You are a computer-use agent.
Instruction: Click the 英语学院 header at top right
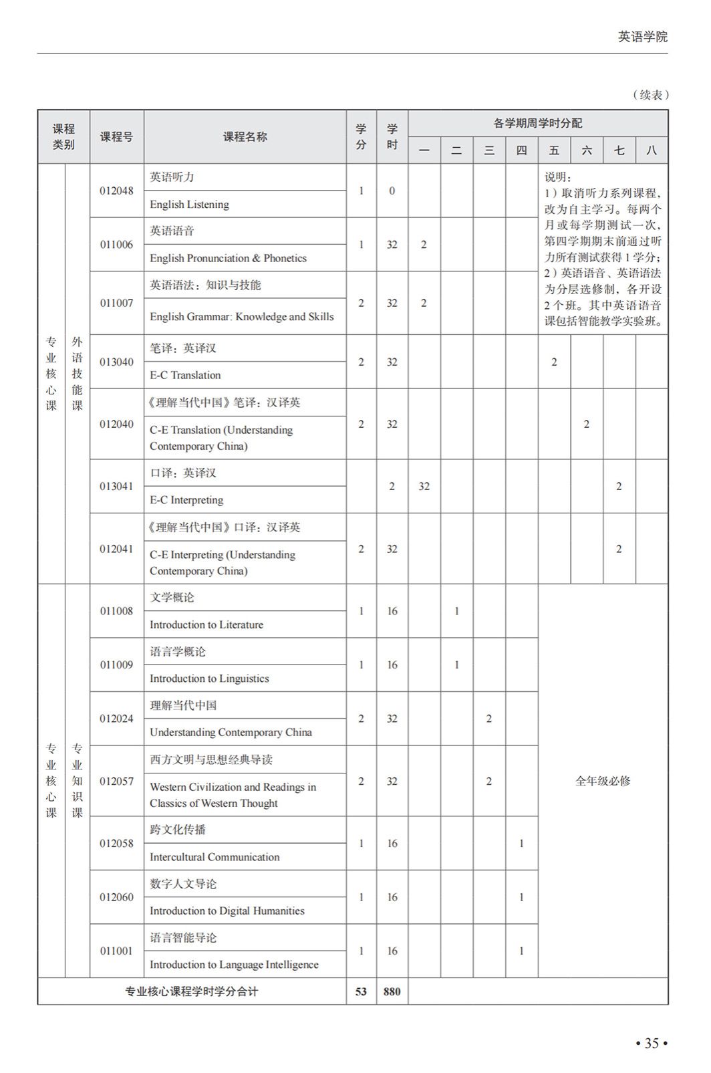pos(642,37)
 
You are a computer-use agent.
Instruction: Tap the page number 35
pos(652,1043)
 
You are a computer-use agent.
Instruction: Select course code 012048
pos(116,191)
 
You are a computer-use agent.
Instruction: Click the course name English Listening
pos(189,205)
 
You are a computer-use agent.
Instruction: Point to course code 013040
pos(116,362)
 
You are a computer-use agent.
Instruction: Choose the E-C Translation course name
pos(185,375)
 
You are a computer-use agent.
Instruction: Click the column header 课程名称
pos(245,137)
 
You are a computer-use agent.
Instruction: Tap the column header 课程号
pos(116,137)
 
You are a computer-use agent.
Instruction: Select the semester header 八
pos(652,150)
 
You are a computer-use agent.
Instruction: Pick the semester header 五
pos(554,150)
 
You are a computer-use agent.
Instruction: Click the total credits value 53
pos(361,991)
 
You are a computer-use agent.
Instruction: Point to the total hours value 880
pos(392,991)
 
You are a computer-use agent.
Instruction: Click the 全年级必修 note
pos(603,781)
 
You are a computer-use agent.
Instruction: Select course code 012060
pos(116,897)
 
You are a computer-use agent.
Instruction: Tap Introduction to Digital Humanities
pos(227,911)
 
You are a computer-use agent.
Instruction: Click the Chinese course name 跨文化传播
pos(178,830)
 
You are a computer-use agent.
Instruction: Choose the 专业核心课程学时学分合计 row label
pos(191,991)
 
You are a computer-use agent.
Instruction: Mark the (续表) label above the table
pos(650,95)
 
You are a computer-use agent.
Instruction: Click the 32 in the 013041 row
pos(424,486)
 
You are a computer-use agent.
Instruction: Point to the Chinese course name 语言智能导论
pos(183,937)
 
